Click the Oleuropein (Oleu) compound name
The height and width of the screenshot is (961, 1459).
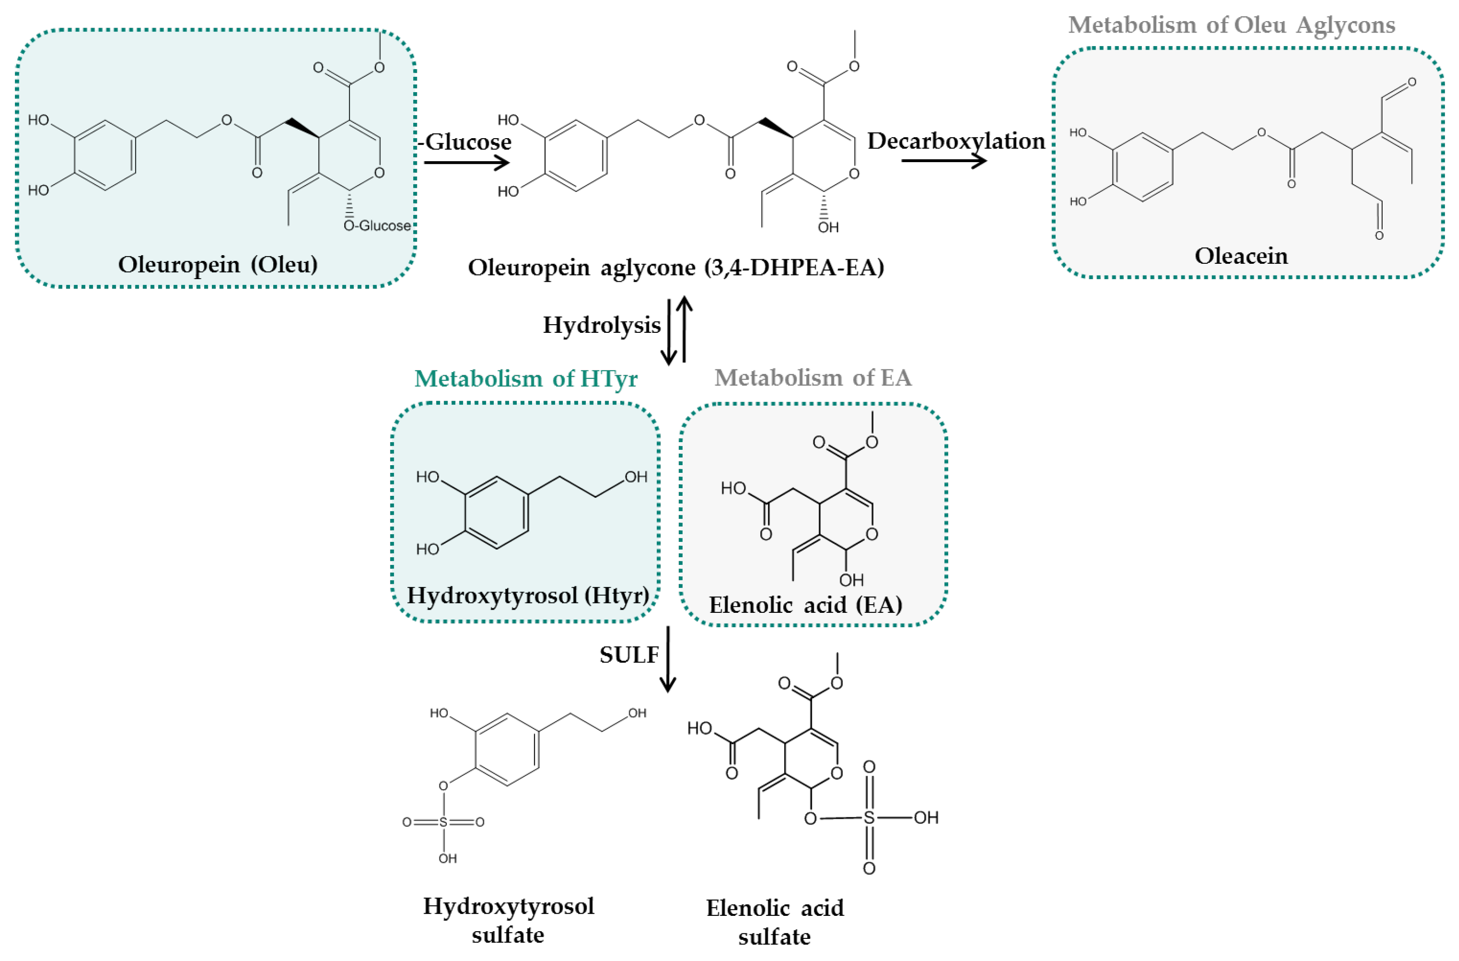point(218,265)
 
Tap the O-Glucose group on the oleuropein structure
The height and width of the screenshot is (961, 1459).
point(377,225)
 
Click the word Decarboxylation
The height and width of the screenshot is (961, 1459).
point(956,141)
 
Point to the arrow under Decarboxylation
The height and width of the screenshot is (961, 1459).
point(944,161)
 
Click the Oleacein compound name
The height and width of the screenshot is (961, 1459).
point(1241,256)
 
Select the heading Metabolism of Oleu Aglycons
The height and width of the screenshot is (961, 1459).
point(1231,25)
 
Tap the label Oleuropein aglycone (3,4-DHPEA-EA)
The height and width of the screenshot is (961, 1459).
point(676,268)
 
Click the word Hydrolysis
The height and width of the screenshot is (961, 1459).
point(601,325)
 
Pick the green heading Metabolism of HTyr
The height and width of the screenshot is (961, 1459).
point(526,379)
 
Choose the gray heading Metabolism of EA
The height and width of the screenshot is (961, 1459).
point(813,378)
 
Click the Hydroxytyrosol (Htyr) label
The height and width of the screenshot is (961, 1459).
point(528,595)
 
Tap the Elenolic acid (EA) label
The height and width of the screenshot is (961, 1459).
point(805,605)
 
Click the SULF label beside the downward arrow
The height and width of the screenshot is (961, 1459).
point(628,655)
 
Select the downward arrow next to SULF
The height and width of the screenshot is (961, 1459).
point(668,659)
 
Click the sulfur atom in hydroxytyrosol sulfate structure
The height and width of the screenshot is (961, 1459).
point(443,822)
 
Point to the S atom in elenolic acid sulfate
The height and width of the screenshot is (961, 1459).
point(869,817)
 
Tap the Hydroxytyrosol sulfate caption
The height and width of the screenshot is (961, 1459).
point(508,920)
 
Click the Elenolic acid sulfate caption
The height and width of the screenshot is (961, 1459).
point(775,922)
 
